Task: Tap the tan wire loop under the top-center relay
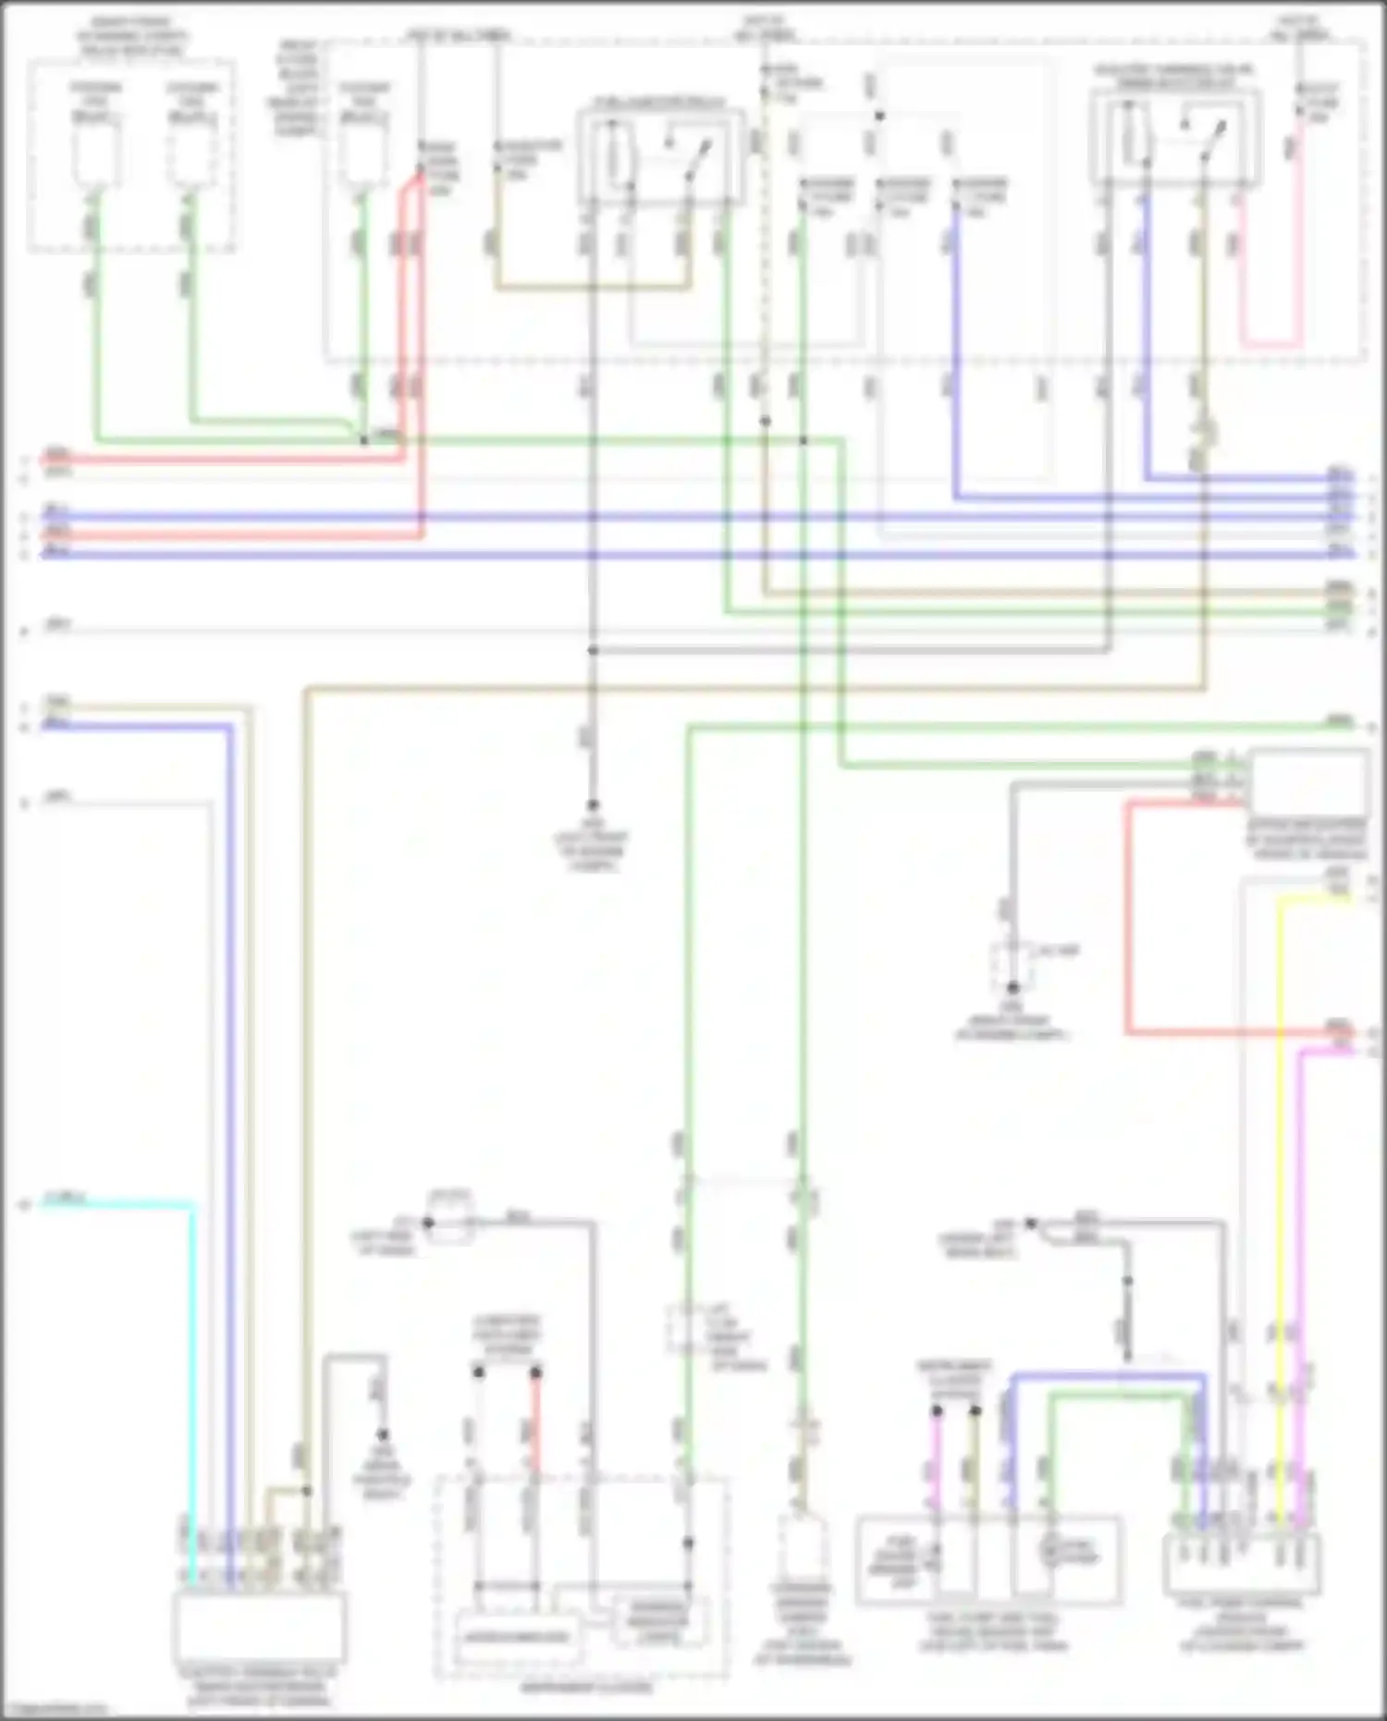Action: coord(592,288)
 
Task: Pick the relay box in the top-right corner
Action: coord(1174,139)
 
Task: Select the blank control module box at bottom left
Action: coord(259,1629)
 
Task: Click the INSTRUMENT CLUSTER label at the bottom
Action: coord(584,1687)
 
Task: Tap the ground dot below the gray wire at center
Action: coord(593,805)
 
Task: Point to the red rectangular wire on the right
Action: coord(1128,925)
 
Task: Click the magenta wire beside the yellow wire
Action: coord(1299,1248)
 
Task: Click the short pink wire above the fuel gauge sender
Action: coord(936,1461)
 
